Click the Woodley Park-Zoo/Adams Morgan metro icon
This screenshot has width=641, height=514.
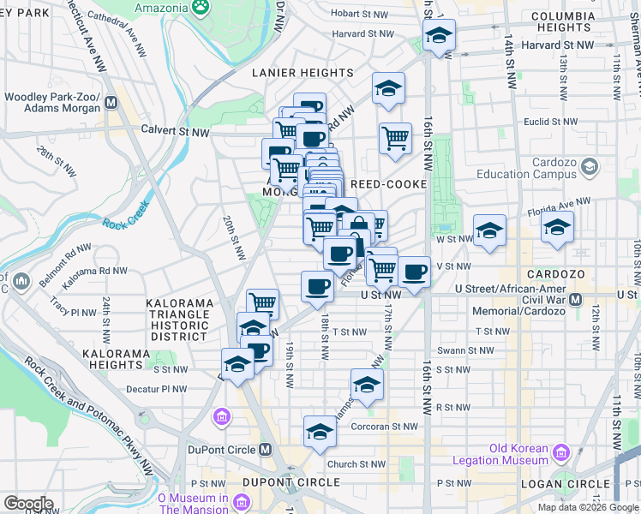coord(110,104)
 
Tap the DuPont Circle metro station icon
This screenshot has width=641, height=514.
coord(266,449)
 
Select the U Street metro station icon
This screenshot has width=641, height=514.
coord(575,300)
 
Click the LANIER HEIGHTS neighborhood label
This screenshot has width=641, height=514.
coord(297,73)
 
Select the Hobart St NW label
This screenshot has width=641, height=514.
coord(362,14)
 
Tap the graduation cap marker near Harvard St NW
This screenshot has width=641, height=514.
coord(439,36)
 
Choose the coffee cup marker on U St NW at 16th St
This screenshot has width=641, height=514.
coord(414,272)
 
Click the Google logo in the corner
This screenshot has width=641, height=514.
coord(27,504)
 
